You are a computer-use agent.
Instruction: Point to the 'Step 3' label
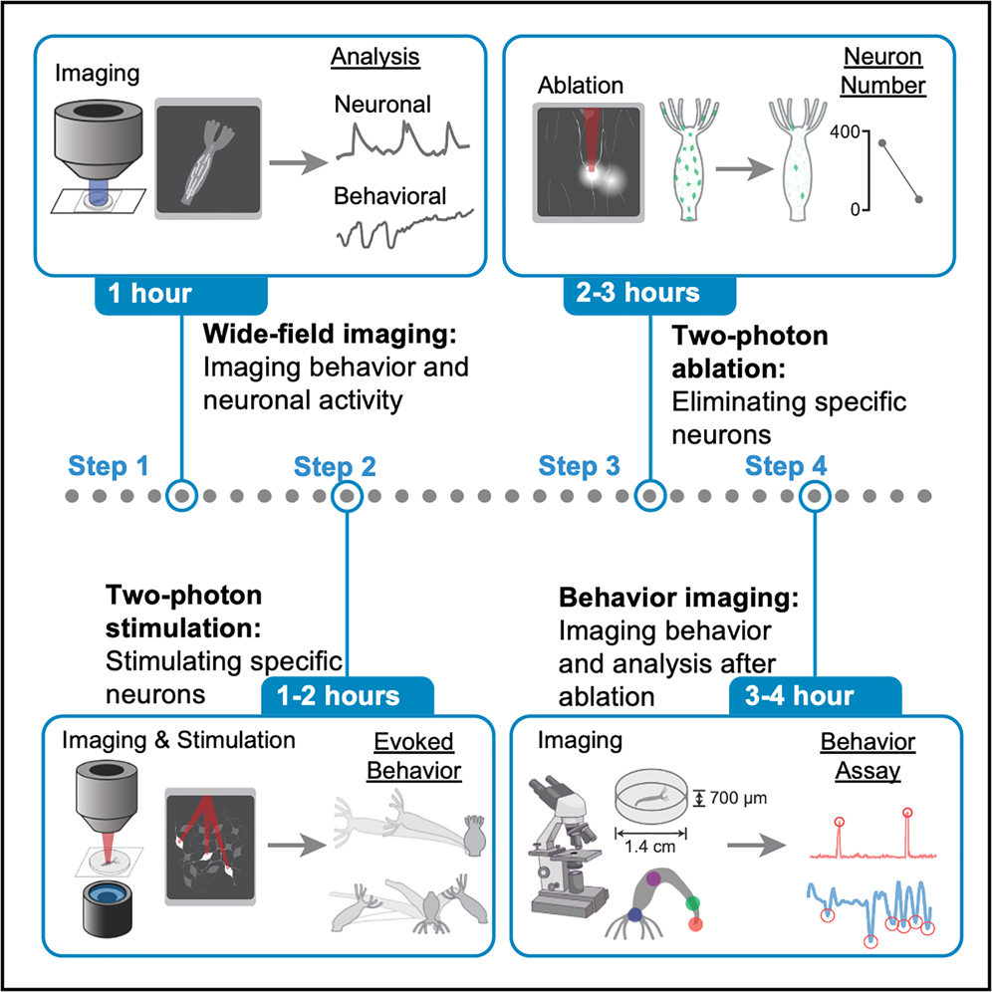click(579, 465)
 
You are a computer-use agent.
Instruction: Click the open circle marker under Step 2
click(346, 495)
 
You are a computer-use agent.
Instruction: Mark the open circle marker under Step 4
click(816, 495)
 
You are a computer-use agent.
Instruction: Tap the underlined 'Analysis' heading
click(376, 58)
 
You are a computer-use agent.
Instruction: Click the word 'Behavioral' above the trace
click(390, 196)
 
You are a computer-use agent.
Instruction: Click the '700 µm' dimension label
click(738, 798)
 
